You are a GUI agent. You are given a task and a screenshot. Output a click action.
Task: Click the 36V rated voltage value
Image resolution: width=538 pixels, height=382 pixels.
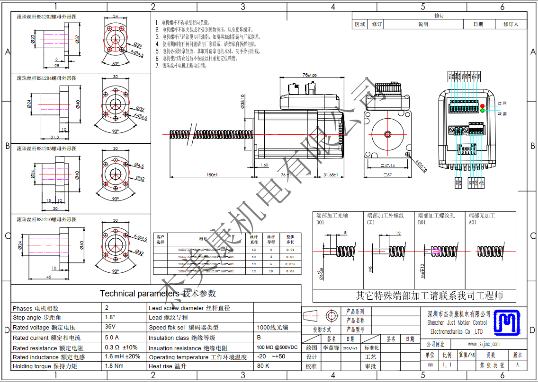point(110,327)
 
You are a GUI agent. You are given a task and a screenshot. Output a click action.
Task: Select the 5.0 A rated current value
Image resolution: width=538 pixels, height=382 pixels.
point(112,337)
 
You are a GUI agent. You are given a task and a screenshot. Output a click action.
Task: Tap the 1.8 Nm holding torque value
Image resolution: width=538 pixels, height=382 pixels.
point(114,365)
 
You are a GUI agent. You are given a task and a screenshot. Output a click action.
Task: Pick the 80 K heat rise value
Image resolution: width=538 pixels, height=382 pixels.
point(263,365)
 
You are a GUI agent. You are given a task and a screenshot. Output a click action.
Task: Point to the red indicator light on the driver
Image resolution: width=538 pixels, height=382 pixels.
point(483,106)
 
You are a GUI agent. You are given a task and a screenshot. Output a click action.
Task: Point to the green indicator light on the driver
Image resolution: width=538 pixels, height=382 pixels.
point(483,111)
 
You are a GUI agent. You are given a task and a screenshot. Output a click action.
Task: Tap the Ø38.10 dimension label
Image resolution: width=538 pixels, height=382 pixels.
point(242,101)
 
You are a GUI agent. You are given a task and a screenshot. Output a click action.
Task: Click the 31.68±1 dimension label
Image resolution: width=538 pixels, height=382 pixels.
point(330,175)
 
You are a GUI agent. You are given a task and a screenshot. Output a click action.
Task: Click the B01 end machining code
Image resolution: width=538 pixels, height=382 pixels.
point(421,222)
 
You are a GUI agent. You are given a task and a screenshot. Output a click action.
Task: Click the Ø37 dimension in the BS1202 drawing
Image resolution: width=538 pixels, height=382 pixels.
point(77,38)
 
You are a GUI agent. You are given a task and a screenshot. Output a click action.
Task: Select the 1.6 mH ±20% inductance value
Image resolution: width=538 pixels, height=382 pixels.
point(122,356)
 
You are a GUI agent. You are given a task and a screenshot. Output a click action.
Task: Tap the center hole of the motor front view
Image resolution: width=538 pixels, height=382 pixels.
point(387,133)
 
